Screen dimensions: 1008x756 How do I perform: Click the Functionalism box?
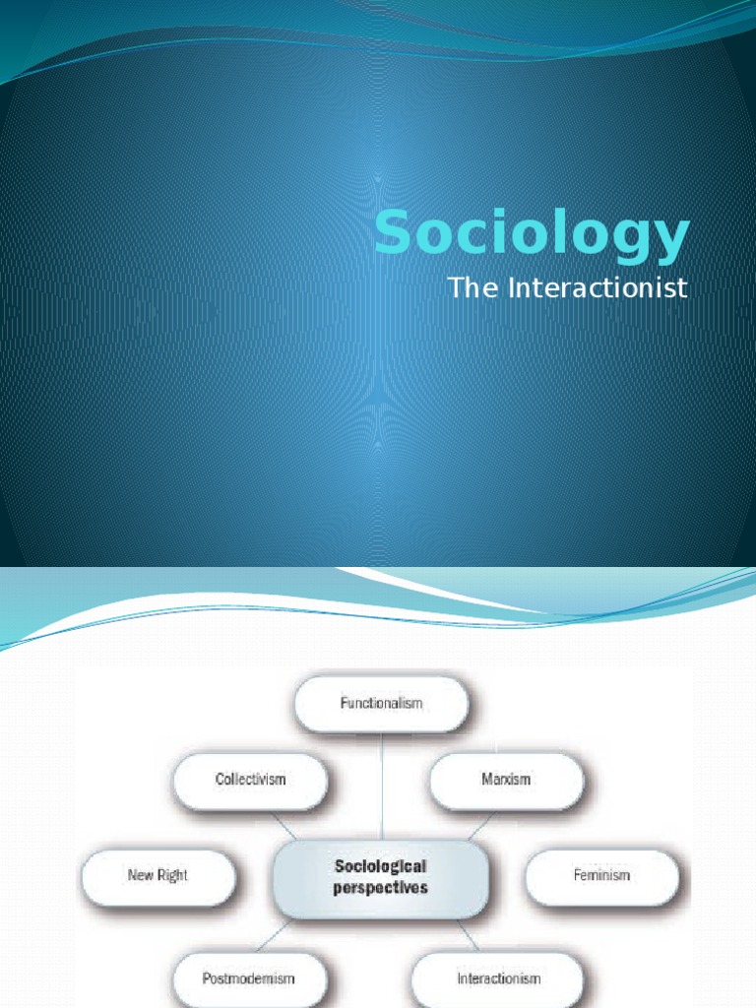[x=382, y=704]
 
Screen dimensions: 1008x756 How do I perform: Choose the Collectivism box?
[x=250, y=779]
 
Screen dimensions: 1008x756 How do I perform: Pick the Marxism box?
[x=506, y=779]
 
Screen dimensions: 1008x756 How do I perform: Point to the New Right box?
[x=157, y=874]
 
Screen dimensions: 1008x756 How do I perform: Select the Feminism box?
[x=601, y=874]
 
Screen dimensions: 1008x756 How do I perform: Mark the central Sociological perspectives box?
[x=380, y=876]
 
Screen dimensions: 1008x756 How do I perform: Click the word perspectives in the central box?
[x=380, y=887]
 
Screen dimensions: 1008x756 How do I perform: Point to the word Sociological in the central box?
[x=380, y=866]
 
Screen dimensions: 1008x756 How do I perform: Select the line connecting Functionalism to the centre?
[x=382, y=787]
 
